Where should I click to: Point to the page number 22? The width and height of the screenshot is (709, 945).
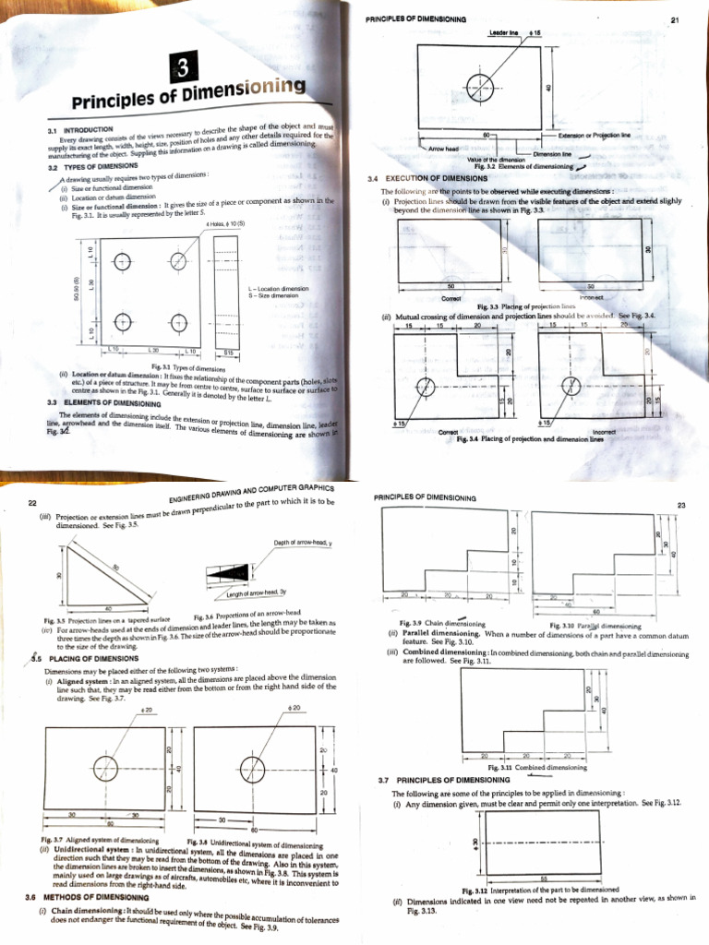tap(32, 503)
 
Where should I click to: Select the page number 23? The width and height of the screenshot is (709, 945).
tap(682, 505)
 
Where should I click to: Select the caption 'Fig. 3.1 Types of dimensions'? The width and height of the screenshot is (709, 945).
tap(183, 367)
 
